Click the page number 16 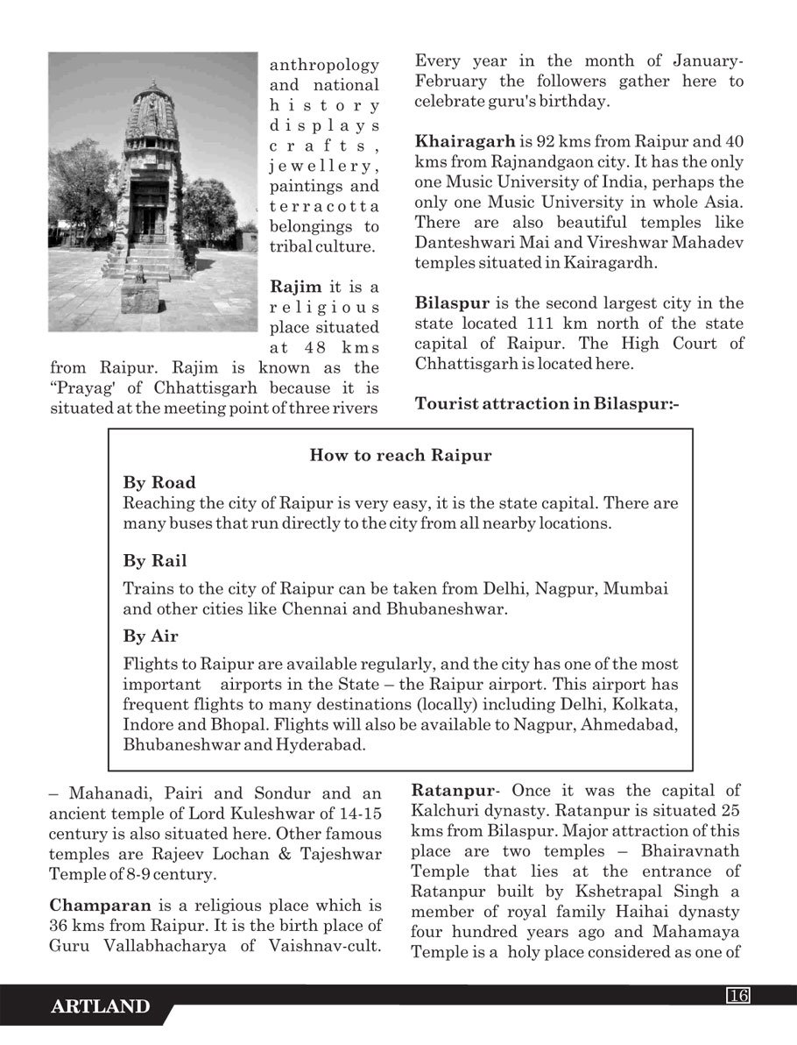(x=737, y=994)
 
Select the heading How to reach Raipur (x=400, y=455)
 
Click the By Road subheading (x=159, y=483)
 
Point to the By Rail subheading (x=155, y=560)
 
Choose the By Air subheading (x=151, y=636)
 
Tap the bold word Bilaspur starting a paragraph (x=452, y=303)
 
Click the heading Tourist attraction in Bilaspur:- (x=547, y=404)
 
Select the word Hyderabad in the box (x=320, y=745)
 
